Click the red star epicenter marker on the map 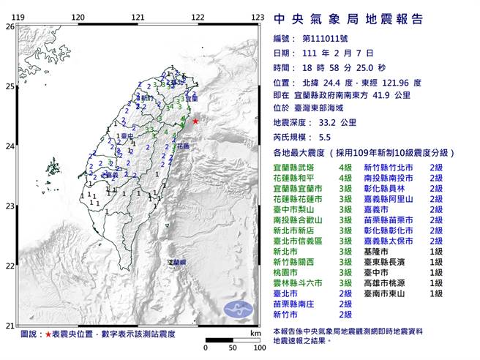click(195, 121)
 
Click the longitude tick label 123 click(257, 17)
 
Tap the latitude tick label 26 click(10, 26)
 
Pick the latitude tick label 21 click(10, 325)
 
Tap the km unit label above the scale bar click(254, 333)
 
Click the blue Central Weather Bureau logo click(237, 307)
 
